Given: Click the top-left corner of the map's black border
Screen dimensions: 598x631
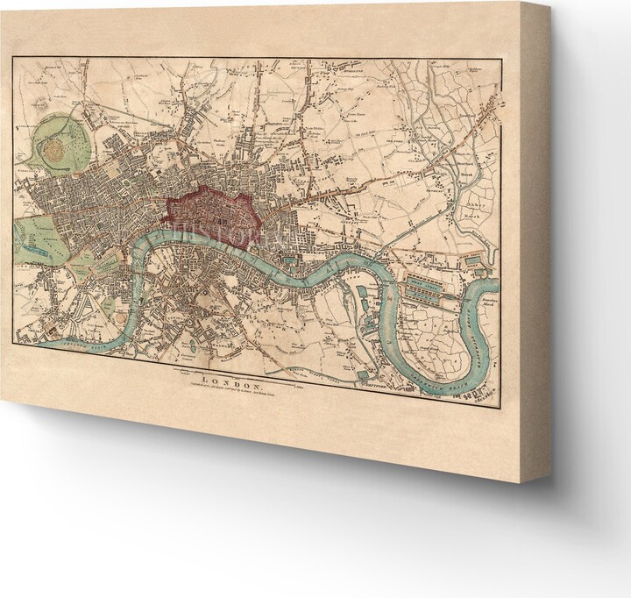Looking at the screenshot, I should pyautogui.click(x=13, y=58).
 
